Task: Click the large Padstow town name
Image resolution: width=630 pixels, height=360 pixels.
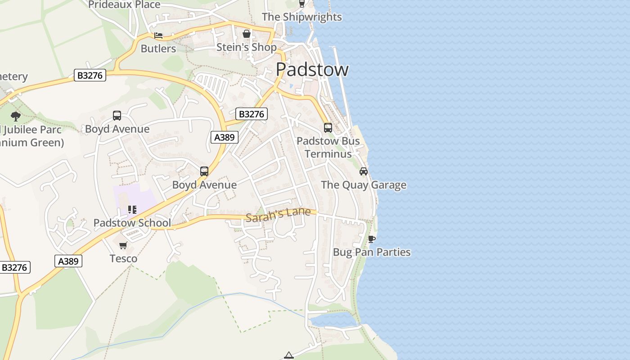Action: click(x=312, y=69)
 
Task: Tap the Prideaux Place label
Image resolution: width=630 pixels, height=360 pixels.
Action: click(x=124, y=5)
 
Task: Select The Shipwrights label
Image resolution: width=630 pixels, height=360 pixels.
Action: click(x=302, y=17)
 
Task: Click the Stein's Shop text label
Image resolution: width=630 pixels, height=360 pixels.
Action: click(x=247, y=47)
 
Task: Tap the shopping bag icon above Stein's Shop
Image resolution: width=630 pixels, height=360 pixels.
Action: click(x=247, y=34)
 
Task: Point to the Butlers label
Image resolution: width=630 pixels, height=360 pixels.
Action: click(x=158, y=49)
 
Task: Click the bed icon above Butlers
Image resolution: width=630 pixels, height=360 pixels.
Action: click(x=158, y=36)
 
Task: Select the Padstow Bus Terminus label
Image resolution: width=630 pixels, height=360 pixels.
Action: click(x=328, y=147)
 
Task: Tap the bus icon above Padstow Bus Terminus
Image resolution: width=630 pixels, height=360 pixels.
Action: click(x=328, y=128)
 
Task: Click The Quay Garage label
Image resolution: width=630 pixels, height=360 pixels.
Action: click(x=364, y=185)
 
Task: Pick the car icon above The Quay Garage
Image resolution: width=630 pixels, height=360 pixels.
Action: click(x=364, y=171)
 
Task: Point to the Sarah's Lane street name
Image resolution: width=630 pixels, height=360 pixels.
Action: click(x=278, y=214)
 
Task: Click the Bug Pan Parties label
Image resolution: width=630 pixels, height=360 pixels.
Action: click(x=372, y=252)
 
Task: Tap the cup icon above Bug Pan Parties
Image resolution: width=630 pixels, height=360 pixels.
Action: click(x=372, y=239)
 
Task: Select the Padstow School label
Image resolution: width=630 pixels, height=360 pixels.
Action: click(x=132, y=223)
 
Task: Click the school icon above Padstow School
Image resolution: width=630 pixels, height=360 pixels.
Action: click(x=132, y=209)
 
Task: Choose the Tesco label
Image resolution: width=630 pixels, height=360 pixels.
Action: click(x=123, y=259)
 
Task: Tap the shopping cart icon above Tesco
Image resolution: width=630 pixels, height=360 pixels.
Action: click(x=123, y=246)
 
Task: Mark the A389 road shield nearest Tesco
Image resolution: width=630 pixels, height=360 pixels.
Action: click(x=68, y=261)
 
